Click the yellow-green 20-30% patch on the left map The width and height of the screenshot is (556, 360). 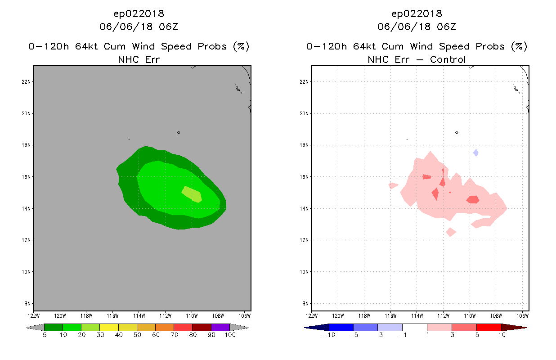point(192,194)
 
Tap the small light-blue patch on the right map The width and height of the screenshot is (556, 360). point(475,153)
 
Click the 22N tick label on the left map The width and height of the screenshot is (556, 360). point(26,82)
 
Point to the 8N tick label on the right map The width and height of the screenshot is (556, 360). point(305,303)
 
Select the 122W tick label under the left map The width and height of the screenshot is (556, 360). point(33,316)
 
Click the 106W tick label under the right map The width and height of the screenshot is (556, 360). point(523,316)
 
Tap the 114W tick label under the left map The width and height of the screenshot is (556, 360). point(139,316)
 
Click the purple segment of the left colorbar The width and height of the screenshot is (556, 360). point(220,327)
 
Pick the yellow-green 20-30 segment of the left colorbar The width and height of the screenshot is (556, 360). point(90,327)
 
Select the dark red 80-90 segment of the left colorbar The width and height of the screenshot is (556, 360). point(202,327)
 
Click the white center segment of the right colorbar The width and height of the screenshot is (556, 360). point(415,327)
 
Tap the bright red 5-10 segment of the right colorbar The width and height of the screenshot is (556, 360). point(489,327)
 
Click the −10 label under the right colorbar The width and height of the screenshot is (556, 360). point(329,335)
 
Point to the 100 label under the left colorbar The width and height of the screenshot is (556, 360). point(230,335)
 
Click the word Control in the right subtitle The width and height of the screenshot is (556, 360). point(448,59)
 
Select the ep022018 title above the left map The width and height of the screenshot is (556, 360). point(139,13)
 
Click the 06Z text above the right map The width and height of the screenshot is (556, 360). point(446,27)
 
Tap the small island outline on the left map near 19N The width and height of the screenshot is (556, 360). point(179,133)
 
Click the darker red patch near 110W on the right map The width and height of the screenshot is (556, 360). point(473,200)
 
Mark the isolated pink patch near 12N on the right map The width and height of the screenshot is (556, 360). point(451,232)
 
